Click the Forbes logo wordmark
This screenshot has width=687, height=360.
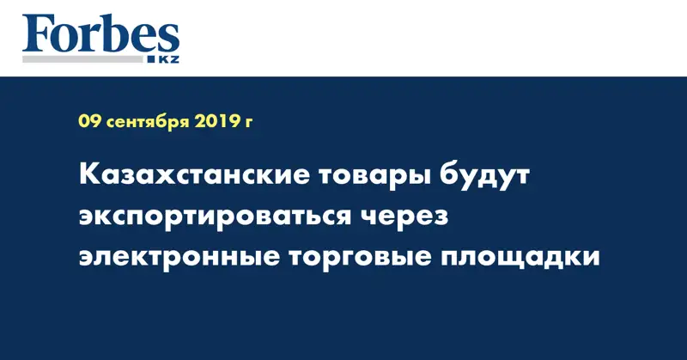(100, 36)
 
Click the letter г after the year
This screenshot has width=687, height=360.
(249, 124)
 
